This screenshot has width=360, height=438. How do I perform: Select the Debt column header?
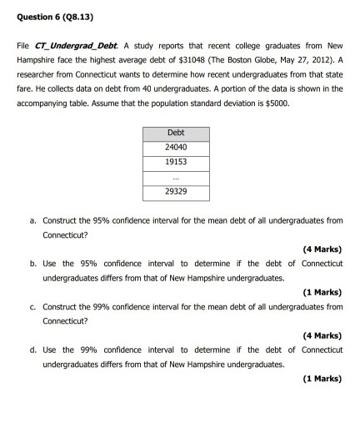[x=176, y=133]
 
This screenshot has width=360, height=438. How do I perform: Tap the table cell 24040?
[x=176, y=147]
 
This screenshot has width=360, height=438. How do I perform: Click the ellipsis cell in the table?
[x=176, y=177]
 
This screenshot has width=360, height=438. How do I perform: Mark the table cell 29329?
[x=176, y=191]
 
